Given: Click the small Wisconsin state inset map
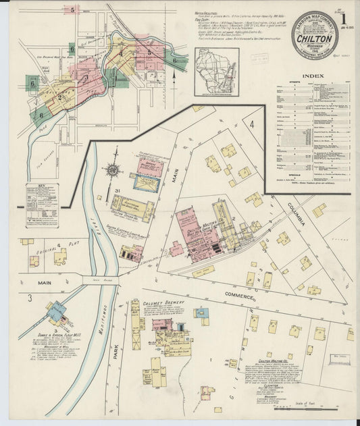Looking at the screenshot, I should tap(216, 70).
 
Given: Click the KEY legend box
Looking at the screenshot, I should tap(42, 205).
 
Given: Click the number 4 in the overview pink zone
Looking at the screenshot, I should tap(121, 54).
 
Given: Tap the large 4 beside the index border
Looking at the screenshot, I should tap(251, 125).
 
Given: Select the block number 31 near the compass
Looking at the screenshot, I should tap(118, 192).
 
